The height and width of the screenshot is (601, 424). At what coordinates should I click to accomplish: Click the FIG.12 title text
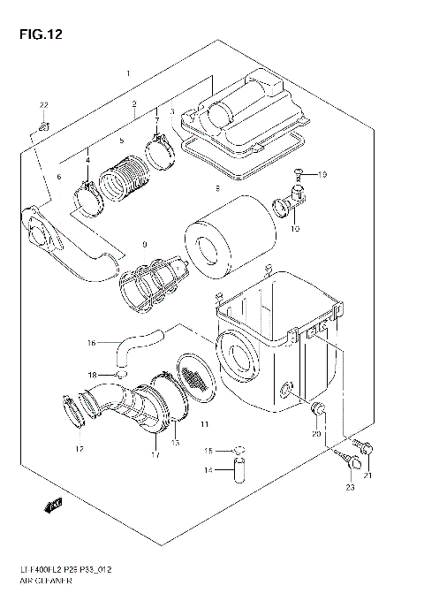(x=32, y=34)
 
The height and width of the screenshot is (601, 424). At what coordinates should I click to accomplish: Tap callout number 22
(x=42, y=106)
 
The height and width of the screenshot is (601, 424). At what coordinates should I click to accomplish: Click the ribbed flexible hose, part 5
(x=122, y=178)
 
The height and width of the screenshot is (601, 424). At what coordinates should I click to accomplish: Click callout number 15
(x=209, y=451)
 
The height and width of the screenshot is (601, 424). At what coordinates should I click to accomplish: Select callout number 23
(x=350, y=488)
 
